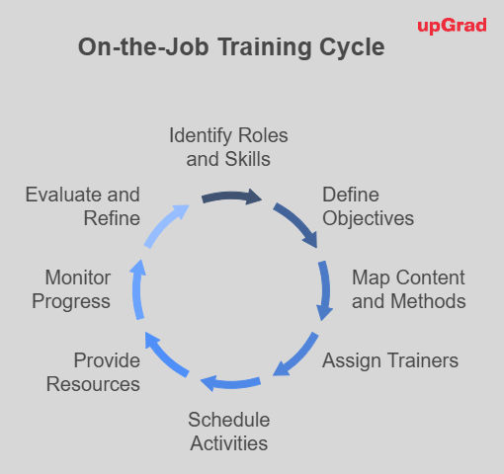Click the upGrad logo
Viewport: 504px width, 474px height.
(x=452, y=26)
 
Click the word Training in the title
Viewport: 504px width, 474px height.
(x=265, y=47)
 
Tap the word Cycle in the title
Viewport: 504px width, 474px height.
(x=352, y=47)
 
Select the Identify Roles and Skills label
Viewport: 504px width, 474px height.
(x=228, y=147)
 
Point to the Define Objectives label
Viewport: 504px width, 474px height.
(x=368, y=206)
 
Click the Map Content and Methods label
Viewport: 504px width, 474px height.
(x=409, y=289)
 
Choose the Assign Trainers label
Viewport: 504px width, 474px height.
(x=390, y=360)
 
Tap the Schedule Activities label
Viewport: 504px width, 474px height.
(x=229, y=432)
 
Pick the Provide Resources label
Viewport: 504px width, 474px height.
(x=93, y=372)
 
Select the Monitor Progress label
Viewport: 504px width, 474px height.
(x=71, y=289)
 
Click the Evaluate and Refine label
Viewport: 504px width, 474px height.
(x=83, y=206)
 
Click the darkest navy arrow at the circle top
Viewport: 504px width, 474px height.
(x=231, y=197)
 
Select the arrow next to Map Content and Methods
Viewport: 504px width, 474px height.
(x=325, y=290)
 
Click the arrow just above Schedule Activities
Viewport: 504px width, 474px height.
(x=230, y=384)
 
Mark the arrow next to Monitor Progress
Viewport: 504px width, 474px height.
(x=136, y=289)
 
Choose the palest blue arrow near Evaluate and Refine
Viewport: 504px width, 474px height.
(x=164, y=224)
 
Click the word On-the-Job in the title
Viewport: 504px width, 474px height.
(x=143, y=47)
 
